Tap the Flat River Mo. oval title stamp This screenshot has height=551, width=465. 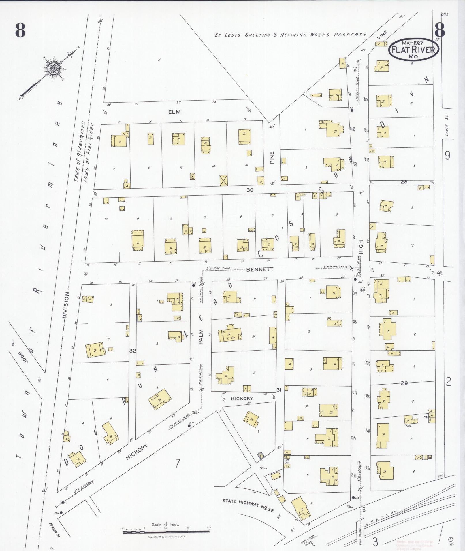pyautogui.click(x=414, y=49)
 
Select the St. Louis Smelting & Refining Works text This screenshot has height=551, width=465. pyautogui.click(x=290, y=35)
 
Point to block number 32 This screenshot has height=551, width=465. pyautogui.click(x=133, y=351)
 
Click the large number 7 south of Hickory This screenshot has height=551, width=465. pyautogui.click(x=178, y=463)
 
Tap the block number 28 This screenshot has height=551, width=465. pyautogui.click(x=404, y=182)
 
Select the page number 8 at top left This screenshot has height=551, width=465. pyautogui.click(x=20, y=30)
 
